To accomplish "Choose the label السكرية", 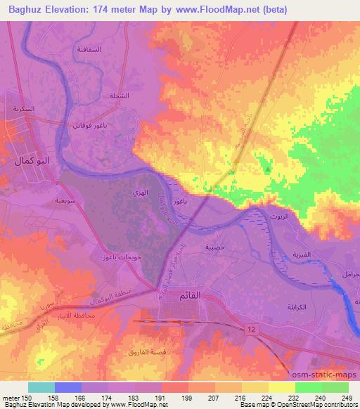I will (x=22, y=110).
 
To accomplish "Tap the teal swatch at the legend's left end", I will (x=41, y=387).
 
